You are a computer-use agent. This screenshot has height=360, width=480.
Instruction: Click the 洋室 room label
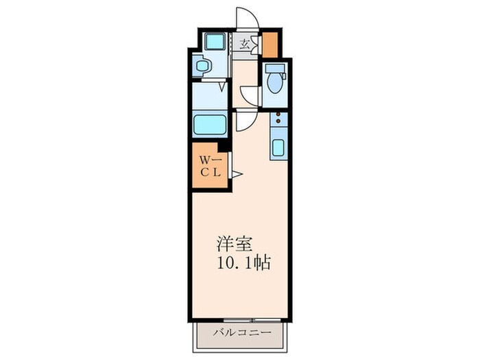pos(235,244)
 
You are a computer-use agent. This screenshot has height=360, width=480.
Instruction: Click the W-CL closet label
pos(208,167)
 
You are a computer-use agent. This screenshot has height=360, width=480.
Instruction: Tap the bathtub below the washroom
pos(210,125)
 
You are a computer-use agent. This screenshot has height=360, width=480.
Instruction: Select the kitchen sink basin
pos(279,148)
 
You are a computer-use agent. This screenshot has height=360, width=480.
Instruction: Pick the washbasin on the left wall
pos(202,67)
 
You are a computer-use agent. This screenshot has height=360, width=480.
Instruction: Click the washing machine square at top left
pos(215,41)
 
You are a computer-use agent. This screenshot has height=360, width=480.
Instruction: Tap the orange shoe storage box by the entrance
pos(270,45)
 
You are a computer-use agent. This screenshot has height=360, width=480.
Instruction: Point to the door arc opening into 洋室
pos(245,122)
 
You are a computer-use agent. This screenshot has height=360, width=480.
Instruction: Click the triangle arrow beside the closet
pos(236,174)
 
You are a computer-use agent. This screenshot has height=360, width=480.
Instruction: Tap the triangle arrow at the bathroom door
pos(221,86)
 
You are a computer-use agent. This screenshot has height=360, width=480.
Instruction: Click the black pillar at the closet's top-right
pos(222,145)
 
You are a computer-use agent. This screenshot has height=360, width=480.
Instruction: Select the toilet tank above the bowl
pos(275,69)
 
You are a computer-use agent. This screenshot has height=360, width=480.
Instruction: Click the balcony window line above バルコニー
pos(241,320)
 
